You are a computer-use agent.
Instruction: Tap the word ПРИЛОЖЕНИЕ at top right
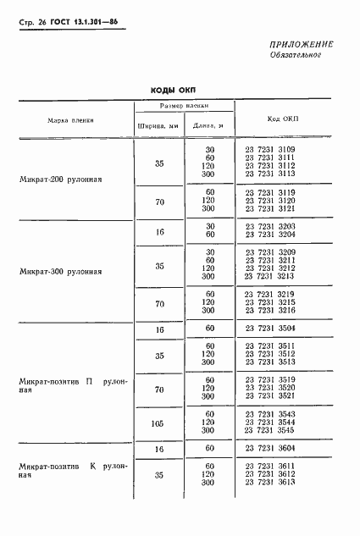pyautogui.click(x=302, y=44)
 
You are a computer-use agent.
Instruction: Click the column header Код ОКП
pyautogui.click(x=282, y=120)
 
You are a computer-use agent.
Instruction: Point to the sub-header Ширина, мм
pyautogui.click(x=158, y=128)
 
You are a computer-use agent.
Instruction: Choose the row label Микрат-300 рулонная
pyautogui.click(x=60, y=272)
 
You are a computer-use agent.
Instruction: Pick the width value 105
pyautogui.click(x=158, y=421)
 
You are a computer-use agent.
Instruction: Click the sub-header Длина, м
pyautogui.click(x=208, y=128)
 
